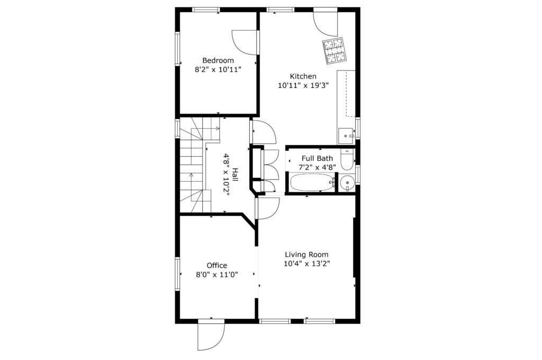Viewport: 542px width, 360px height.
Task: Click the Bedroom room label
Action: pos(218,60)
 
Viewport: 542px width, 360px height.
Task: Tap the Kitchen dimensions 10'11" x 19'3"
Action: pos(303,85)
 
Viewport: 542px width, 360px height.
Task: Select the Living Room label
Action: pos(306,255)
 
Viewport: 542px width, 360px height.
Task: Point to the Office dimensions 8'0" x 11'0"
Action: pos(217,275)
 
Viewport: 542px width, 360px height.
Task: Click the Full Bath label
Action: pos(318,158)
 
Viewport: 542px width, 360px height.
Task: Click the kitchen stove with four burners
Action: pos(335,51)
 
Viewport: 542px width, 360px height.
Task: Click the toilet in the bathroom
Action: pos(347,160)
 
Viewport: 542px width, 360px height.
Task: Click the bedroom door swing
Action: pos(245,42)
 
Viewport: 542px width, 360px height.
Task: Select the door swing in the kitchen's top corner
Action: pos(326,24)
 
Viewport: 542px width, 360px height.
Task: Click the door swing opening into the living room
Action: pos(267,208)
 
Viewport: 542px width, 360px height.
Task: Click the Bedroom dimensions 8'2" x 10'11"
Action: pos(218,69)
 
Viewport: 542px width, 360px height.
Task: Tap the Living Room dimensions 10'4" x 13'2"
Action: pos(307,264)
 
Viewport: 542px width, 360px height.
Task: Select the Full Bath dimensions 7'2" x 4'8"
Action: pos(318,167)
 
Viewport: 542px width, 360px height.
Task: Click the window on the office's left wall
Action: pos(178,274)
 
